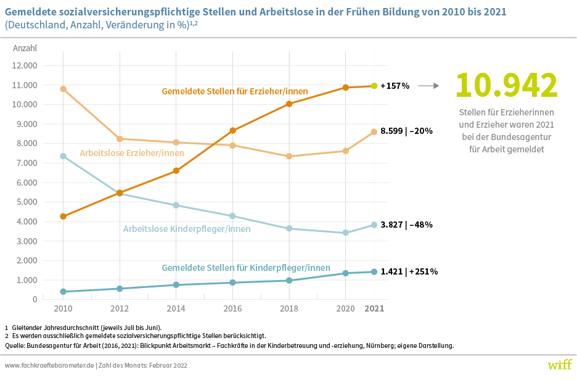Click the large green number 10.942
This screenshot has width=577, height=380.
point(506,85)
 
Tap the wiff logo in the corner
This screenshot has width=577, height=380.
point(559,364)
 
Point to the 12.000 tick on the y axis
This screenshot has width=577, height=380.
point(26,65)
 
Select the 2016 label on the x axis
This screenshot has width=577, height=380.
point(232,308)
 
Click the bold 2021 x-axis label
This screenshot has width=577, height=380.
point(374,308)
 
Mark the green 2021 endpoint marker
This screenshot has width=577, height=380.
point(374,86)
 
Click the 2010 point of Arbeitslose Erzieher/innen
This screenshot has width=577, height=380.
point(63,89)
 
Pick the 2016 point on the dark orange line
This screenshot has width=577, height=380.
point(232,131)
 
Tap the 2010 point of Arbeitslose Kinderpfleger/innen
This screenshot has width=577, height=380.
point(63,156)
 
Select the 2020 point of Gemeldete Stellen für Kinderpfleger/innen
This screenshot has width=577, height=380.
point(346,273)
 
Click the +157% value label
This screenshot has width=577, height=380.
point(395,86)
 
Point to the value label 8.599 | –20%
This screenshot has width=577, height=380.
point(406,131)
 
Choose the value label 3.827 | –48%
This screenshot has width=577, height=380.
point(406,225)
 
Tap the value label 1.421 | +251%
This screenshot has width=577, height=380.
point(409,271)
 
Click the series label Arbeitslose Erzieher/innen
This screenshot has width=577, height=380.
point(132,153)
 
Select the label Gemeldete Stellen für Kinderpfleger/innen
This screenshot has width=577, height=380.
point(246,268)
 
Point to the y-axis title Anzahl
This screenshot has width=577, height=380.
point(25,48)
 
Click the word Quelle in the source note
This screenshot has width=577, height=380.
point(15,345)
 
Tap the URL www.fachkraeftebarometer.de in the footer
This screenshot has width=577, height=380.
point(49,365)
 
